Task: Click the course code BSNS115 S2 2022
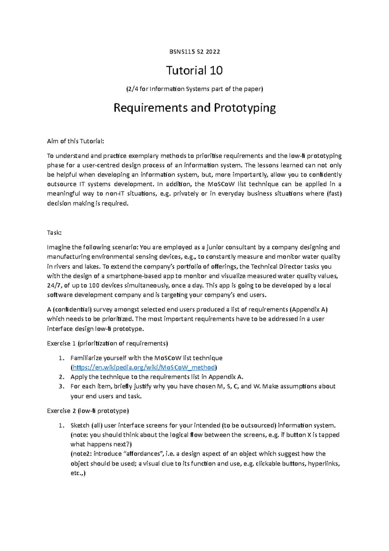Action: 194,52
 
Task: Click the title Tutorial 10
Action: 194,70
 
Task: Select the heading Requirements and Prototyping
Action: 194,108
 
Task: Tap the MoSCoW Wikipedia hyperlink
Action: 144,367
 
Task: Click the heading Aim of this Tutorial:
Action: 76,141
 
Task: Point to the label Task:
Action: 54,233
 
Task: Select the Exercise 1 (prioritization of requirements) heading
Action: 107,343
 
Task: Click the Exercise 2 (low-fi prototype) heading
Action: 88,411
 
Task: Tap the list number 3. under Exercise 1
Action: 62,386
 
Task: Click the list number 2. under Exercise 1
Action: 62,377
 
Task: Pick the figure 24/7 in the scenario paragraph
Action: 54,286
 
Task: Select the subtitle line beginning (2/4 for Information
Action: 194,89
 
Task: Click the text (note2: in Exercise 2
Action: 81,454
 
